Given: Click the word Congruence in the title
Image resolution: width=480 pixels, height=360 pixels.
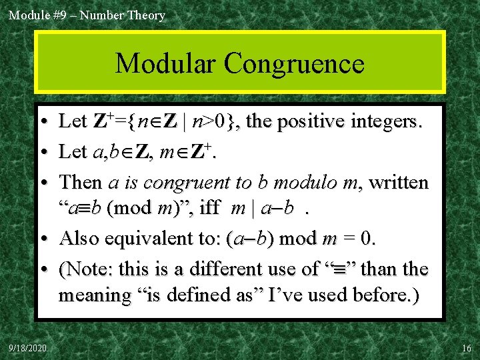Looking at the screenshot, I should [294, 64].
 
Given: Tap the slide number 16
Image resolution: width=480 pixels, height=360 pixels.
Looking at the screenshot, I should [465, 348].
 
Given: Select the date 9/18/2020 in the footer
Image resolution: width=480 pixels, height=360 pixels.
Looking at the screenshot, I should [27, 348].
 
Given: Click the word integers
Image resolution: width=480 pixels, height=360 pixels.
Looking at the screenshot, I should [383, 121].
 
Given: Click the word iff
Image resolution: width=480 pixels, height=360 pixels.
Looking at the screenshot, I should [209, 209].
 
